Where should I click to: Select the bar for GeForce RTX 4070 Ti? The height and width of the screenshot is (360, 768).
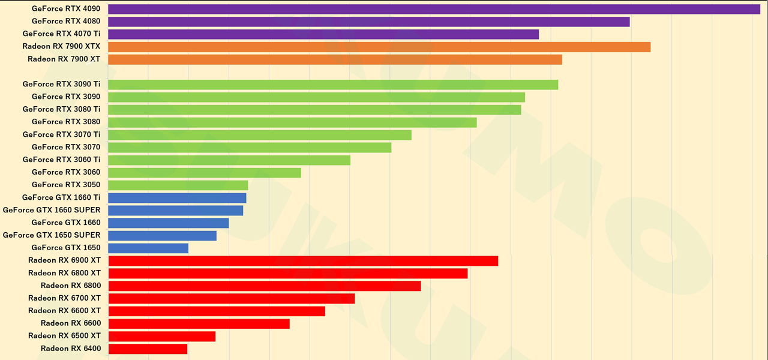tap(323, 34)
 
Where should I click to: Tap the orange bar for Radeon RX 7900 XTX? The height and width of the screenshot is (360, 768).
tap(379, 47)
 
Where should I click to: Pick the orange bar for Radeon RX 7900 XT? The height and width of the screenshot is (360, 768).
tap(335, 59)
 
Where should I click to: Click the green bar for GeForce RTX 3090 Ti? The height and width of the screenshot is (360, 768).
tap(333, 85)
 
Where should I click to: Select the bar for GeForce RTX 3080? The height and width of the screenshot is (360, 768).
tap(292, 122)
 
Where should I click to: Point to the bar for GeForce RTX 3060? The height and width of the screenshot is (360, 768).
tap(205, 173)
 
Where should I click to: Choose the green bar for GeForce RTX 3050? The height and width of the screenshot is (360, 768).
tap(178, 185)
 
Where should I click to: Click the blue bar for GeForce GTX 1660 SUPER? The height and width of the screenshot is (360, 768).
tap(176, 211)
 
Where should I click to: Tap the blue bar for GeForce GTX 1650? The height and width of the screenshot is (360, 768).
tap(148, 248)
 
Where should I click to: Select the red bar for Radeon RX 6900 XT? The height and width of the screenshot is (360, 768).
tap(303, 261)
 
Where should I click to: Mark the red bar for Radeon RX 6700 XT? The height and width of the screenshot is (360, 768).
tap(232, 298)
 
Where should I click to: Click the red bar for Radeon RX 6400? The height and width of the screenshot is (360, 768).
tap(148, 349)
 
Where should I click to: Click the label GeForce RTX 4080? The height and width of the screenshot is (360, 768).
tap(66, 22)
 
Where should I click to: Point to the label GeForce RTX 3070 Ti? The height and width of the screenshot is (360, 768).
tap(61, 134)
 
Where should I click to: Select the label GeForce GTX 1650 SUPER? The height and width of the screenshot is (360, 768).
tap(52, 235)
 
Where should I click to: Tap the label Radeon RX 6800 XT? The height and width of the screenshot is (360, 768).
tap(64, 273)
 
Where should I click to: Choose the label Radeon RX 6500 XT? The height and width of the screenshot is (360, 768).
tap(64, 336)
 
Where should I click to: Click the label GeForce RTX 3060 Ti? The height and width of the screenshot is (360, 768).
tap(61, 160)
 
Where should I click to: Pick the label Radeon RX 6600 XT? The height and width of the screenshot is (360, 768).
tap(64, 311)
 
